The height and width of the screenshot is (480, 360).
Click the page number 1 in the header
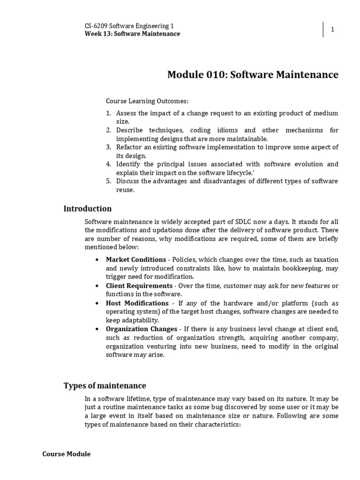(x=332, y=30)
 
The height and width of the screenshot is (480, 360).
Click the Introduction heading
(x=88, y=209)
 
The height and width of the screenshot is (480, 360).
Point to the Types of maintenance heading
(x=105, y=386)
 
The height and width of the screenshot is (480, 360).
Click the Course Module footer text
(x=67, y=454)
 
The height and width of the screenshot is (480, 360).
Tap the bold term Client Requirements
(x=139, y=285)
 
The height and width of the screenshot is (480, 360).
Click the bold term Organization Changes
(x=142, y=329)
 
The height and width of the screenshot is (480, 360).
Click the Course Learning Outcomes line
(x=147, y=101)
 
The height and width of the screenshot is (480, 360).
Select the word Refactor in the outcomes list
(x=129, y=147)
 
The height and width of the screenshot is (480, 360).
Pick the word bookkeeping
(x=298, y=268)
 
